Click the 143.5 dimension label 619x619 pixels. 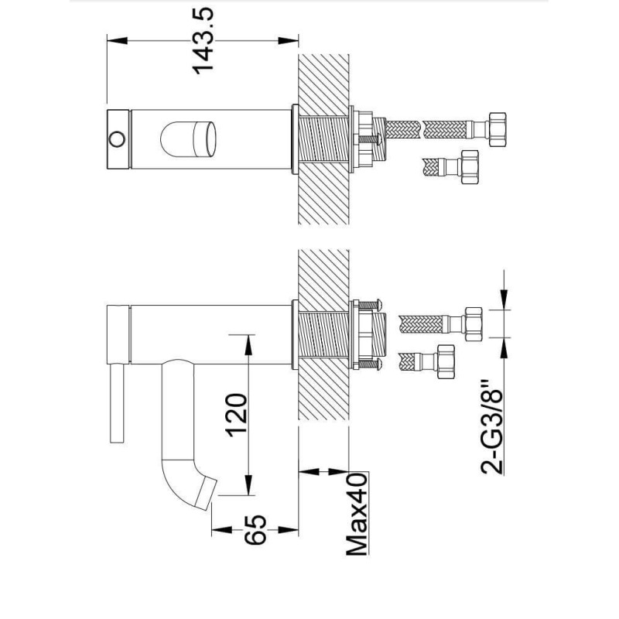pyautogui.click(x=203, y=41)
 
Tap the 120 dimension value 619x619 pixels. pyautogui.click(x=237, y=415)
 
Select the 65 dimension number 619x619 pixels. pyautogui.click(x=255, y=530)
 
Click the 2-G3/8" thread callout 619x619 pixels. pyautogui.click(x=492, y=427)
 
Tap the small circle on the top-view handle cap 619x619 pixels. pyautogui.click(x=117, y=139)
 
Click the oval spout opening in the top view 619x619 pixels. pyautogui.click(x=188, y=139)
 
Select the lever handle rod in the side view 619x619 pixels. pyautogui.click(x=118, y=403)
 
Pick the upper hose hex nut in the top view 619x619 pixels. pyautogui.click(x=497, y=129)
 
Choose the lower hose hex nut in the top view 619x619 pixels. pyautogui.click(x=470, y=166)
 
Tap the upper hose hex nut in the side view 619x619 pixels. pyautogui.click(x=474, y=323)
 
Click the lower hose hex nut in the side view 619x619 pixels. pyautogui.click(x=446, y=361)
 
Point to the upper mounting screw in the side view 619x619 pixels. pyautogui.click(x=370, y=304)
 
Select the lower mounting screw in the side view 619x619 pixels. pyautogui.click(x=370, y=364)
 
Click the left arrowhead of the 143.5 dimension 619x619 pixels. pyautogui.click(x=118, y=41)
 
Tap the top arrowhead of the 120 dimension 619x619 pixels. pyautogui.click(x=248, y=344)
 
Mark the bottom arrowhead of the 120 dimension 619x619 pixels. pyautogui.click(x=248, y=485)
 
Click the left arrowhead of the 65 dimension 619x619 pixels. pyautogui.click(x=222, y=530)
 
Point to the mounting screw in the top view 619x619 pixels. pyautogui.click(x=369, y=139)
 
